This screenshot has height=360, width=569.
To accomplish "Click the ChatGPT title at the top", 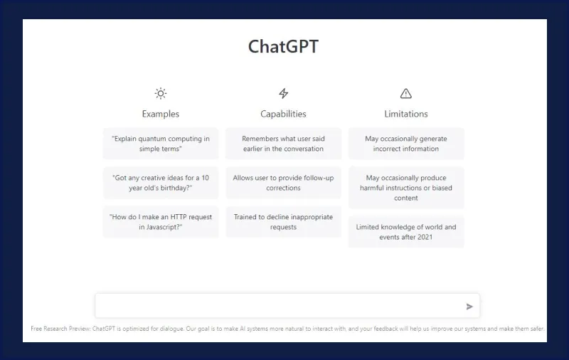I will coord(283,47).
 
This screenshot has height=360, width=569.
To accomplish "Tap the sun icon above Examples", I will coord(161,93).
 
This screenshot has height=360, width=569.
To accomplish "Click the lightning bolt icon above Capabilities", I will coord(284,93).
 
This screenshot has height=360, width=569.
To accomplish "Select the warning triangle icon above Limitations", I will coord(406,93).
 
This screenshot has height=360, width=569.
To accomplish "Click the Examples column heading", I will coord(161,114).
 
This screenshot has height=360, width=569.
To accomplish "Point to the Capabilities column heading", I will coord(284,114).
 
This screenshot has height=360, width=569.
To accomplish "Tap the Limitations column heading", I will coord(406,114).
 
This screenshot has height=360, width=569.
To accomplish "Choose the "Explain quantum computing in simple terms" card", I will coord(161,144).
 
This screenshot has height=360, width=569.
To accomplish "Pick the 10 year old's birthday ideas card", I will coord(161,183).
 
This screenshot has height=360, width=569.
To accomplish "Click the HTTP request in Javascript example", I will coord(161,222).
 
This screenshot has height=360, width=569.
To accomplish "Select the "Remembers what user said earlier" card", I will coord(283,144).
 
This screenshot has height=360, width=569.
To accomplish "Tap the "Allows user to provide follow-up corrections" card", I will coord(283,183).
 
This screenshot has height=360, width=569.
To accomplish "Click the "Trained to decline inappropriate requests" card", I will coord(283,222).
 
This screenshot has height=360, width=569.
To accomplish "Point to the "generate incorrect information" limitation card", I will coord(406,144).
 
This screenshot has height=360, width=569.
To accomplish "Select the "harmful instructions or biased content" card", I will coord(406,188).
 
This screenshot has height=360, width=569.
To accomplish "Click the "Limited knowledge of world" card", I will coord(406,232).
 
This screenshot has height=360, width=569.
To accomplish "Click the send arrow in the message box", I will coord(469,307).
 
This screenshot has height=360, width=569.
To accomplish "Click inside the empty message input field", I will coord(277,306).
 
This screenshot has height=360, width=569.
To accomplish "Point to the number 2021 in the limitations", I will coord(424,237).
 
